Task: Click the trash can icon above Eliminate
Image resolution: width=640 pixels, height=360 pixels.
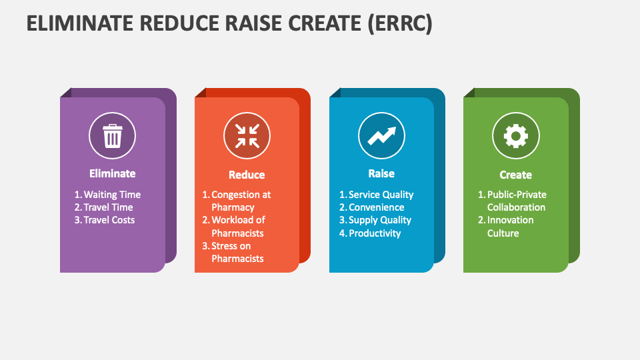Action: [x=112, y=137]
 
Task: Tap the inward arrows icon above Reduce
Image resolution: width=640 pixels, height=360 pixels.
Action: [x=247, y=136]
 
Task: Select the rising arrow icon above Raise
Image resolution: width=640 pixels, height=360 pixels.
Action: [x=381, y=136]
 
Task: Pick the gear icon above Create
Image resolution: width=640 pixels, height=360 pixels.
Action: [x=515, y=136]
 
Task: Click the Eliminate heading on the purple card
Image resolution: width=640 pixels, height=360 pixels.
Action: [x=112, y=173]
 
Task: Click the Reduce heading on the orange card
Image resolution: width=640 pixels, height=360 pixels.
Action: [x=247, y=175]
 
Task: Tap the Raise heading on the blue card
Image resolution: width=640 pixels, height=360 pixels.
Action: [x=381, y=173]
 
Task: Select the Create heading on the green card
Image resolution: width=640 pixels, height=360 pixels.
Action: [x=515, y=175]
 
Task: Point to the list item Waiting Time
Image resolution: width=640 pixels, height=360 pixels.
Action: [x=112, y=195]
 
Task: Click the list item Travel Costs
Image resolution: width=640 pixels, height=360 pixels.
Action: [x=109, y=220]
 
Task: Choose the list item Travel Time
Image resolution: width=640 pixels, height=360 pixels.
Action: [x=108, y=207]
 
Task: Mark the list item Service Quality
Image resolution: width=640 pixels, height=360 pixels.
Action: [x=381, y=195]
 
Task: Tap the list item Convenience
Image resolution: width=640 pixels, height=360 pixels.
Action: [x=376, y=207]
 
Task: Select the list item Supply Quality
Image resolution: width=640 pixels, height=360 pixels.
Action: [x=380, y=220]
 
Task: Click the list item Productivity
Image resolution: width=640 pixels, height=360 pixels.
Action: [x=375, y=233]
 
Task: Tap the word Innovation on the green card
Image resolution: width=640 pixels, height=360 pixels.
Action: [x=510, y=220]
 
